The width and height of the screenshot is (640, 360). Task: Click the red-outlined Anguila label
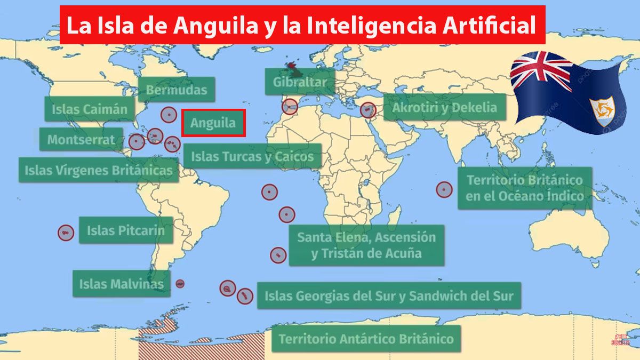click(213, 123)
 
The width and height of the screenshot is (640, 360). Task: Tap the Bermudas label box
click(177, 90)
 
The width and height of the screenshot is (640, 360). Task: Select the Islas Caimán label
click(90, 109)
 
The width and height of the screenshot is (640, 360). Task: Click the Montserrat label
click(81, 140)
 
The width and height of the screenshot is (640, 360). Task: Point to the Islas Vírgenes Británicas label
click(99, 171)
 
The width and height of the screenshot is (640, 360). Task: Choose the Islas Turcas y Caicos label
click(253, 157)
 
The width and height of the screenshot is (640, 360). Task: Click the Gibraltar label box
click(299, 82)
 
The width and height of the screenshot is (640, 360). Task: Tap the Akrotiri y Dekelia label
click(444, 107)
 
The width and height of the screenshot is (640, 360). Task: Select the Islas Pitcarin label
click(126, 230)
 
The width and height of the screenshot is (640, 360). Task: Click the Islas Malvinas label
click(121, 284)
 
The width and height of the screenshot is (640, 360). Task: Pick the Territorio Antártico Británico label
click(366, 339)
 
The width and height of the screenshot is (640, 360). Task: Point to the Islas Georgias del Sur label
click(389, 295)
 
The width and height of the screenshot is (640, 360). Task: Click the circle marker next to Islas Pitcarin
click(66, 233)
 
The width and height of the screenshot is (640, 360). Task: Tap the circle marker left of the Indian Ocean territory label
click(444, 189)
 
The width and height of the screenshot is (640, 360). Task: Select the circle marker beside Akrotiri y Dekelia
click(367, 110)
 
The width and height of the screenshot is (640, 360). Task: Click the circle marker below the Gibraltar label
click(290, 107)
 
